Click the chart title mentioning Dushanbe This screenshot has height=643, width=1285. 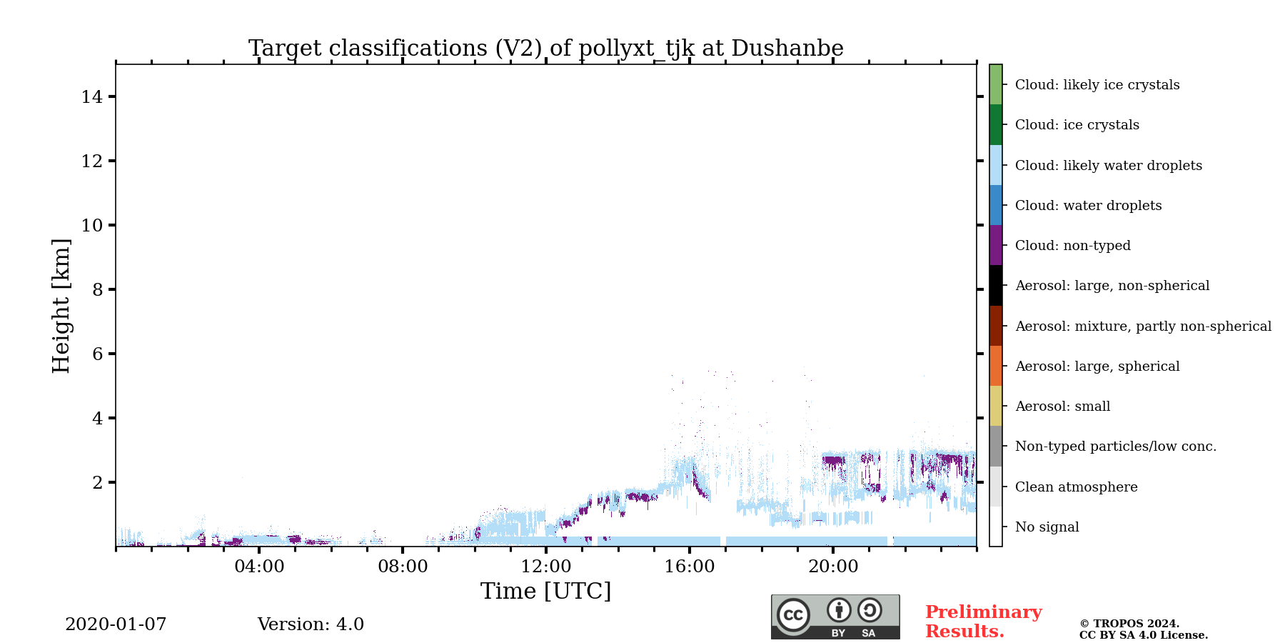click(x=545, y=48)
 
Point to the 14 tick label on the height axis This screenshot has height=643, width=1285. click(x=92, y=97)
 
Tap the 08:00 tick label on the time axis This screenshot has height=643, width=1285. click(x=403, y=567)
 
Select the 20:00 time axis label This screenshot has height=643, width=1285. click(x=833, y=567)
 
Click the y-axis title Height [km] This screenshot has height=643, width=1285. click(x=61, y=306)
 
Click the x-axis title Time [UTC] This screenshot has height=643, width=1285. click(x=545, y=592)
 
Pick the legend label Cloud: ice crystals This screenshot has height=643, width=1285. click(x=1077, y=125)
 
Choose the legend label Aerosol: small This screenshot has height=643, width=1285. click(x=1062, y=407)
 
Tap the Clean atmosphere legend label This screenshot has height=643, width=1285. click(x=1076, y=487)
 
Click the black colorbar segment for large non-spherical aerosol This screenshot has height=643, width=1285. click(x=995, y=286)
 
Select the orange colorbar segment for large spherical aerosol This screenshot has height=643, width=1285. click(x=995, y=366)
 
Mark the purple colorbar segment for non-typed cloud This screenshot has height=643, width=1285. click(x=995, y=245)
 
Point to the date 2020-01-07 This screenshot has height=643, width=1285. click(x=116, y=624)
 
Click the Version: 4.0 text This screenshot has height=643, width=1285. click(x=311, y=624)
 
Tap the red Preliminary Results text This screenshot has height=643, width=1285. click(x=983, y=622)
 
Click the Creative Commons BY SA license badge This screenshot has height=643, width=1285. click(x=835, y=617)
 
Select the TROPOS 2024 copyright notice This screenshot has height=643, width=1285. click(x=1143, y=629)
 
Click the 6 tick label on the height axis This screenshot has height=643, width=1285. click(x=98, y=354)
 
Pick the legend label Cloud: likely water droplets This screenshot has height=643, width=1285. click(x=1108, y=166)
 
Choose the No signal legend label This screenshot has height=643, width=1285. click(x=1047, y=527)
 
